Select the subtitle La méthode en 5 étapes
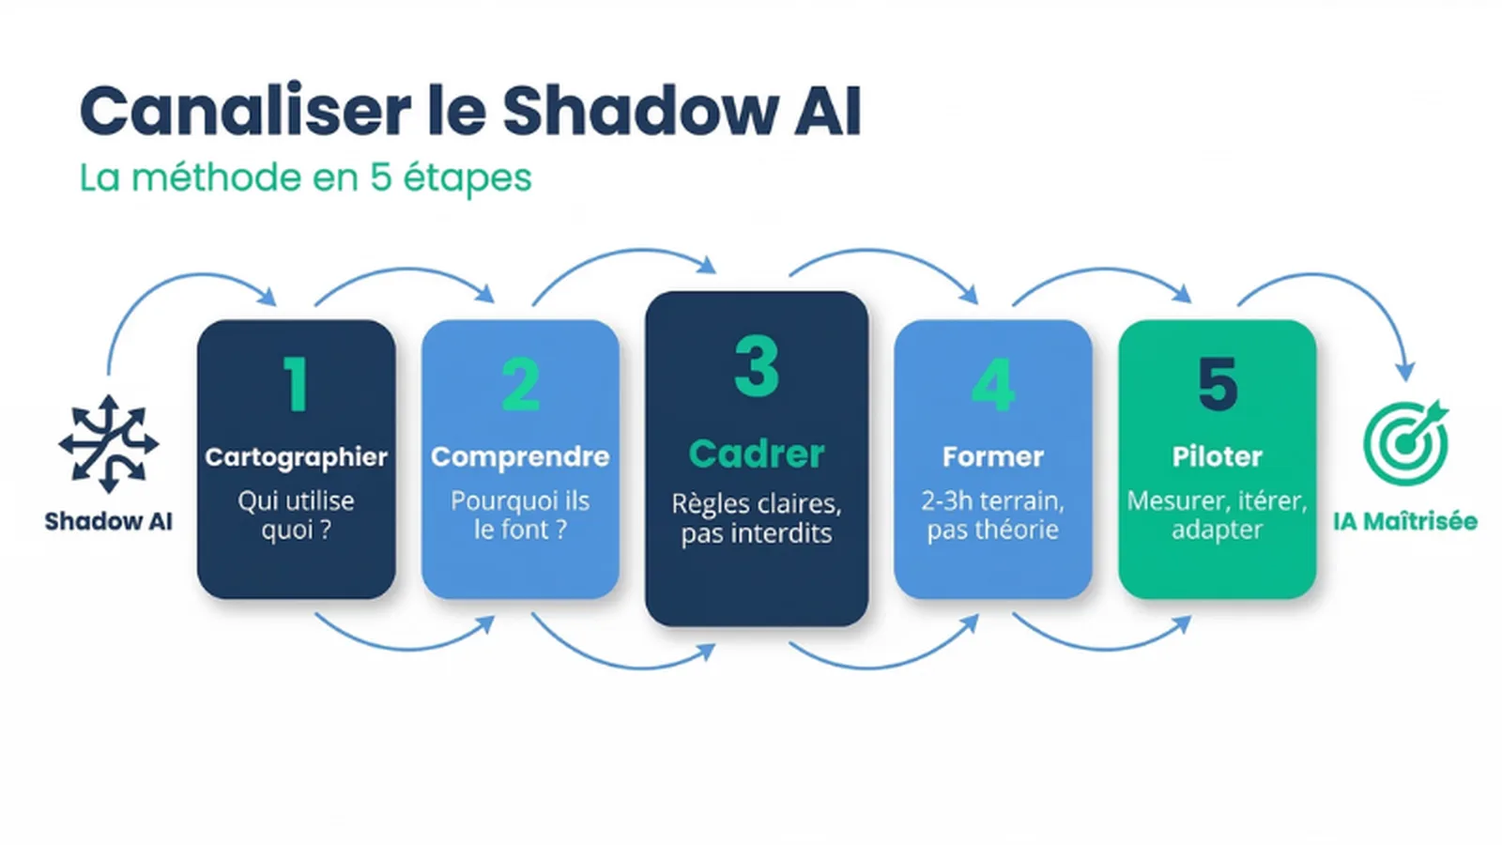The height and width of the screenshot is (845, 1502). tap(305, 177)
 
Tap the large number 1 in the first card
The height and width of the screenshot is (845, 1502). tap(296, 385)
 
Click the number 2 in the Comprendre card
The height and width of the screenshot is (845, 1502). tap(520, 385)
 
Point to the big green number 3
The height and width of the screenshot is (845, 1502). tap(757, 366)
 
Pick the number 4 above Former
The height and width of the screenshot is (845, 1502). tap(992, 385)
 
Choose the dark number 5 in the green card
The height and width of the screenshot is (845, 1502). tap(1218, 385)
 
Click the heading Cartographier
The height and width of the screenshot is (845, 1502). tap(296, 457)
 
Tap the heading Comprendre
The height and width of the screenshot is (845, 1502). tap(520, 457)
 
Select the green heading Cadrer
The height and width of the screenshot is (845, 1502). tap(757, 454)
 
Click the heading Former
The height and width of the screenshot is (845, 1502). tap(992, 457)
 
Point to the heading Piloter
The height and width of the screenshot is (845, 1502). tap(1217, 457)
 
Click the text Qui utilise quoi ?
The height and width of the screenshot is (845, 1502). tap(296, 515)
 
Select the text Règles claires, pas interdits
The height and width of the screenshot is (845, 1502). tap(757, 518)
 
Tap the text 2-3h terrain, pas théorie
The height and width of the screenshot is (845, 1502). tap(992, 515)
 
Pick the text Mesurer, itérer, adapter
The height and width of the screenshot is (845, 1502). tap(1217, 515)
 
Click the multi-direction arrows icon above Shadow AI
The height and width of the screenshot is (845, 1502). tap(108, 444)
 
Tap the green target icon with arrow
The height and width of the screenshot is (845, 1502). tap(1405, 443)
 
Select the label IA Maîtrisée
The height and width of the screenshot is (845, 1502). tap(1404, 522)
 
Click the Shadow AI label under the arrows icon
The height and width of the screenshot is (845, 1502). tap(108, 522)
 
